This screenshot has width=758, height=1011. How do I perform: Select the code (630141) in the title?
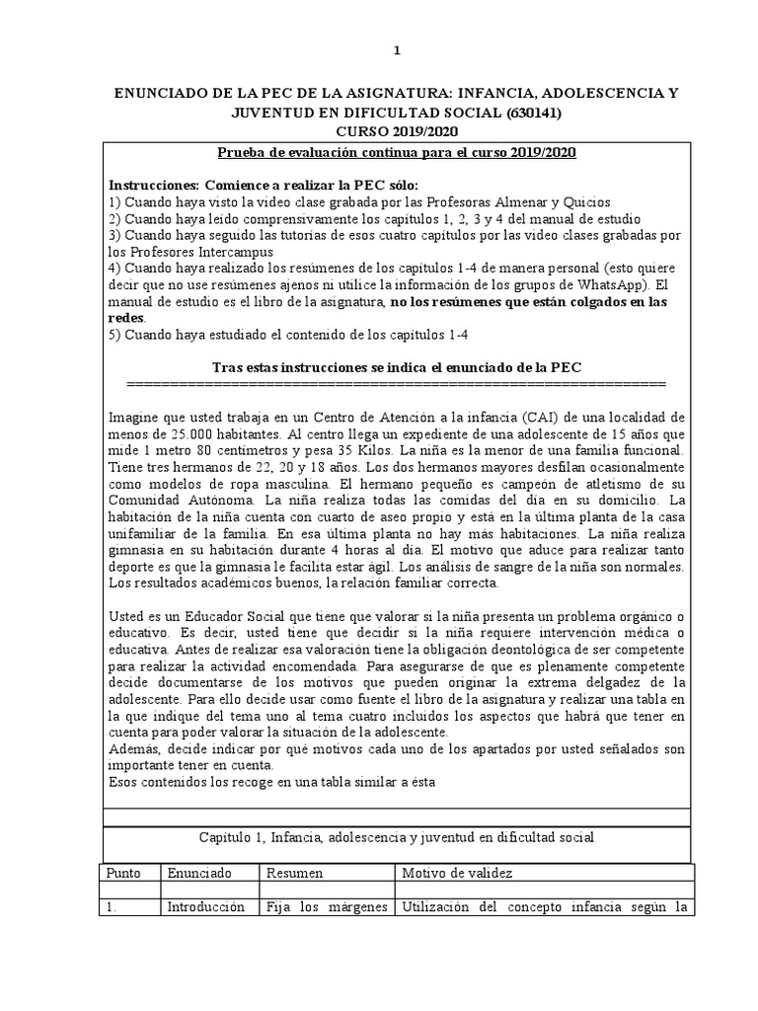pos(529,113)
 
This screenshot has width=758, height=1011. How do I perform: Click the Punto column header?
pos(126,873)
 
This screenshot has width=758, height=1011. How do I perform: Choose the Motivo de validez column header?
pos(456,873)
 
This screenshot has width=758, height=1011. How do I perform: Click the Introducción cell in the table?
pos(205,906)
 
